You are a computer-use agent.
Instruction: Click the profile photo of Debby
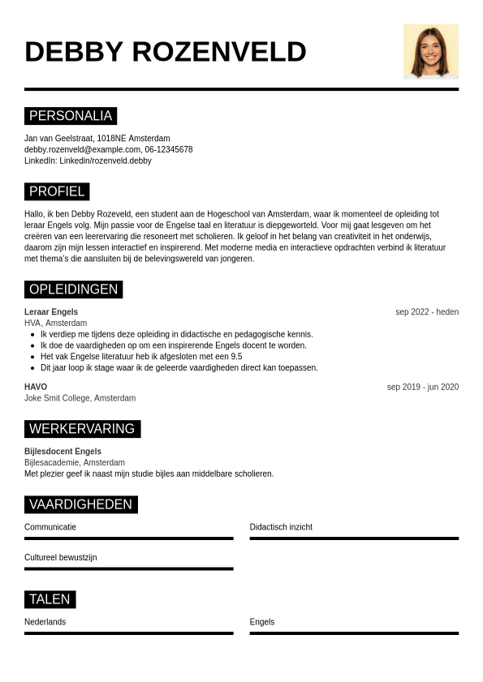click(430, 51)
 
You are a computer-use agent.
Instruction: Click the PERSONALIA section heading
click(71, 116)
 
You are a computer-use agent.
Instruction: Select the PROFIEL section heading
click(57, 191)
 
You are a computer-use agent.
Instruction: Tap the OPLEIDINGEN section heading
click(73, 290)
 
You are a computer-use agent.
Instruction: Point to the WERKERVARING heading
click(82, 429)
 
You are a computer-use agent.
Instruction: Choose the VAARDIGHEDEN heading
click(80, 504)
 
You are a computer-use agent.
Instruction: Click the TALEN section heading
click(50, 599)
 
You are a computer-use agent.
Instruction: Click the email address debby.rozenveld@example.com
click(82, 149)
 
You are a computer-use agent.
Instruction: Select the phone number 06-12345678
click(169, 149)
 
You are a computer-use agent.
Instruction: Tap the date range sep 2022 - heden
click(427, 312)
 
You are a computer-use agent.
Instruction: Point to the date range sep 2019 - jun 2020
click(422, 387)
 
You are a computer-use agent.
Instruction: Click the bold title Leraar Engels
click(51, 312)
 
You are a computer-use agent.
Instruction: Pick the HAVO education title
click(36, 387)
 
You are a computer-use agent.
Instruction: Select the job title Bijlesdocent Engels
click(63, 452)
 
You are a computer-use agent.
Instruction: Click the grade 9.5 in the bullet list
click(235, 356)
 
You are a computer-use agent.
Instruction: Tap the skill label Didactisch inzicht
click(281, 527)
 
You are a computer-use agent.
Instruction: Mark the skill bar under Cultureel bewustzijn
click(128, 568)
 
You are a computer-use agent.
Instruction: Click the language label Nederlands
click(45, 622)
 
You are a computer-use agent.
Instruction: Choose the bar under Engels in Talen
click(354, 633)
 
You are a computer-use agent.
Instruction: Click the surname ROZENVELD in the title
click(218, 52)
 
